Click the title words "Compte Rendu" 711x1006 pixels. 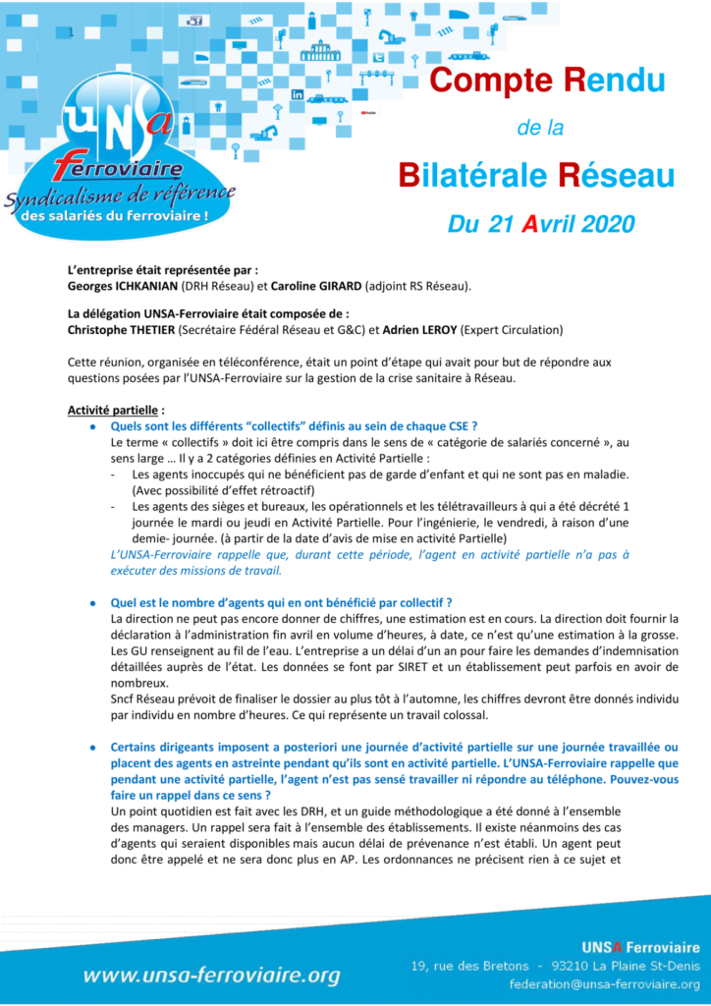pos(547,80)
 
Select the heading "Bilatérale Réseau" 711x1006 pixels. pos(535,176)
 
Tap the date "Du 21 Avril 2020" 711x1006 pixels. pos(542,224)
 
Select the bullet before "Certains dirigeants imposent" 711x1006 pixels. pos(92,747)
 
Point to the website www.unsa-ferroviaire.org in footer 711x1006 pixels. pos(211,975)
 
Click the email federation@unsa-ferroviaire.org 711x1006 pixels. pos(604,982)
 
